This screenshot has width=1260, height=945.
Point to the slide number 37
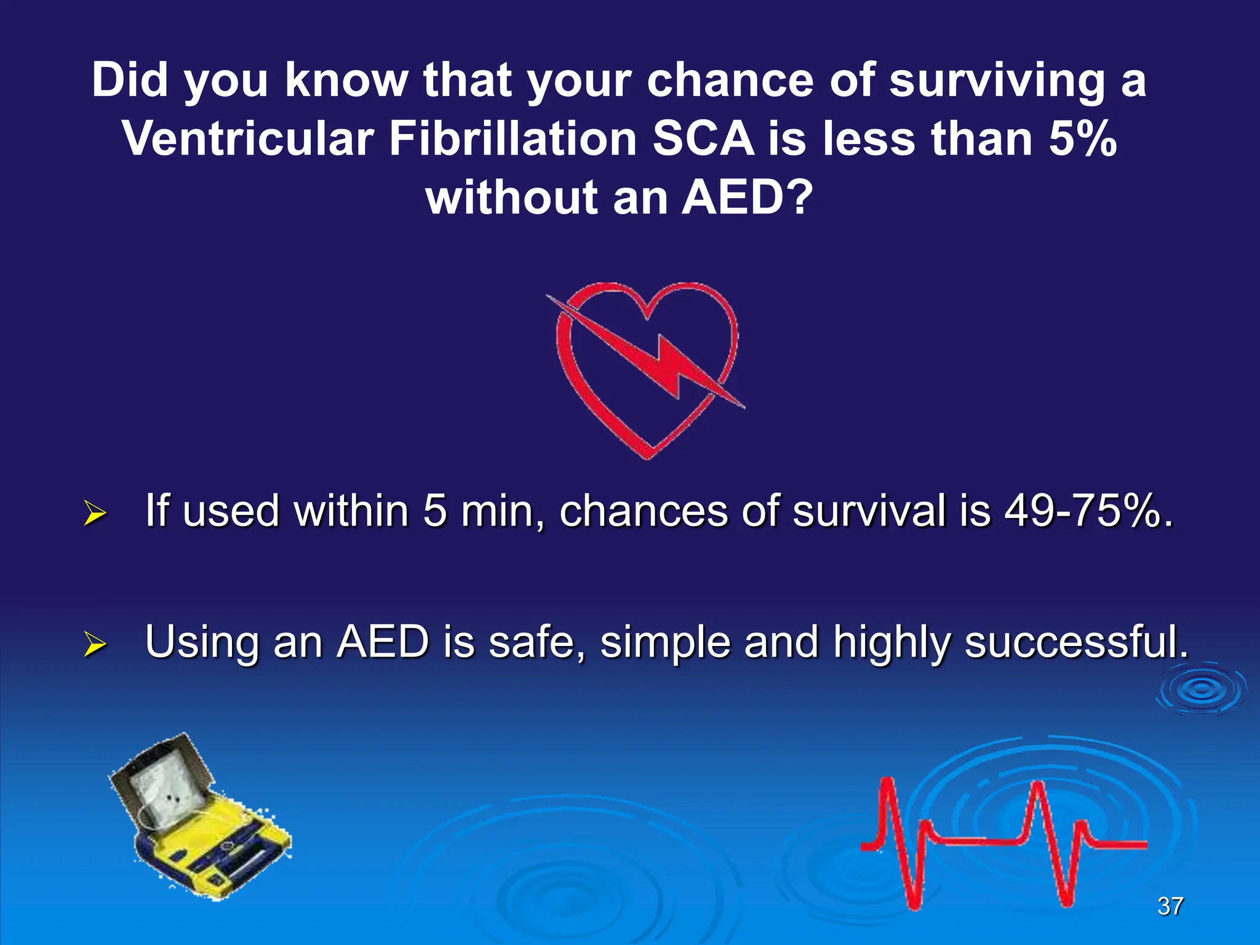[x=1170, y=906]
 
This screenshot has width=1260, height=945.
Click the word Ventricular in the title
[x=248, y=139]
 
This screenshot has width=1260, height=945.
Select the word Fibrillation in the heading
[x=512, y=139]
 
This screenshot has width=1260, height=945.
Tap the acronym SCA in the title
[x=703, y=139]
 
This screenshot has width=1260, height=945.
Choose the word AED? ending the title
[x=748, y=198]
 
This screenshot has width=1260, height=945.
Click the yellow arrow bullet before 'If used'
[x=95, y=513]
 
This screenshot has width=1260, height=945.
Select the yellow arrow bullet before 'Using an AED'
[x=95, y=644]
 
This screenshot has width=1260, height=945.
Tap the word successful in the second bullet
[x=1076, y=642]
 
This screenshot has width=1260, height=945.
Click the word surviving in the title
[x=997, y=81]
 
